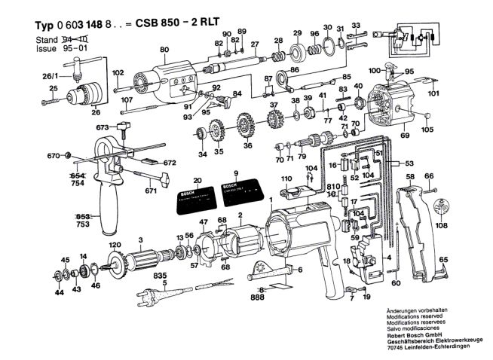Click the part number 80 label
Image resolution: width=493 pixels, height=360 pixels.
coord(164,50)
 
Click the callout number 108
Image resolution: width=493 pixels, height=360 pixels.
coord(441,225)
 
